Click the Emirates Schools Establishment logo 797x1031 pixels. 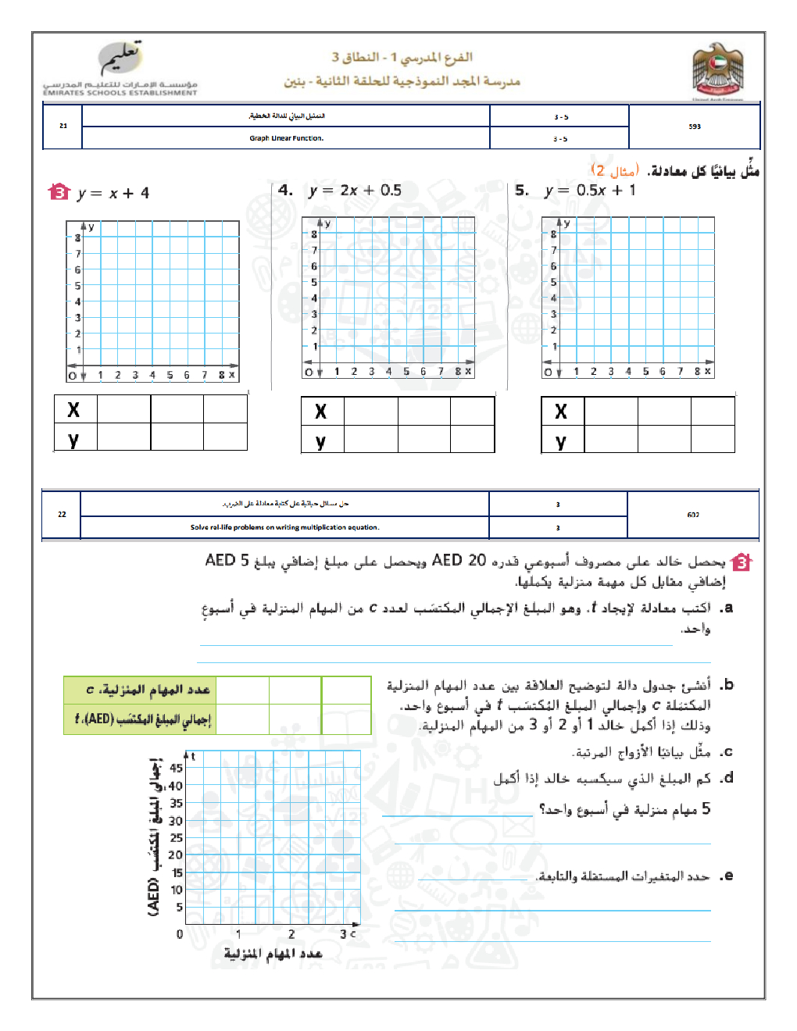[121, 71]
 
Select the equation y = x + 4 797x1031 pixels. [113, 193]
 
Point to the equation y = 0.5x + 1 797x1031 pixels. [590, 191]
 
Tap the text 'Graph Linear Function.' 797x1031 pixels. [286, 138]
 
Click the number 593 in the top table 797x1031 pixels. [695, 127]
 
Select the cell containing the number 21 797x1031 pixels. [63, 126]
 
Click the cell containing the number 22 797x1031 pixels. [62, 514]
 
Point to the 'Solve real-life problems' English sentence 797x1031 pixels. [284, 527]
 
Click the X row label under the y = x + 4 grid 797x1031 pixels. [73, 409]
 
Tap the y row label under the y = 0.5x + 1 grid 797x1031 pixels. [561, 441]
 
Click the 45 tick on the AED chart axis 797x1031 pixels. [176, 768]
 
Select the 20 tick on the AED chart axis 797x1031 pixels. [175, 854]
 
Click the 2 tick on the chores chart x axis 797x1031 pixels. [291, 934]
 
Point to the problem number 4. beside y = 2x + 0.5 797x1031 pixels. [286, 190]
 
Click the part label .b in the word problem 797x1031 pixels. [727, 684]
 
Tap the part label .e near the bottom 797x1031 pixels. [727, 876]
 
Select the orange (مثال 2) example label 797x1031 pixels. [614, 170]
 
